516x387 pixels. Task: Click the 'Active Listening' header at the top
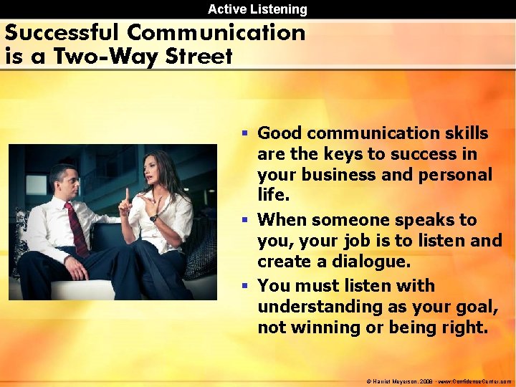[x=257, y=9]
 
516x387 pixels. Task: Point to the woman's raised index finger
[x=126, y=194]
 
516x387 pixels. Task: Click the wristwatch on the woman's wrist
[x=153, y=217]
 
